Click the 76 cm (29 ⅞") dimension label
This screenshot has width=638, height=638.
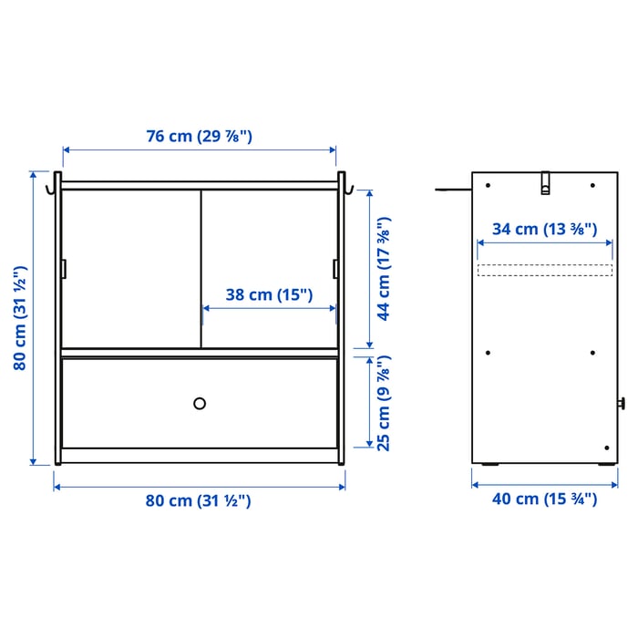[200, 136]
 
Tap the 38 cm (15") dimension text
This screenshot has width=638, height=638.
[269, 294]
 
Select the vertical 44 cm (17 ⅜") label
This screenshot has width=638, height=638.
[384, 269]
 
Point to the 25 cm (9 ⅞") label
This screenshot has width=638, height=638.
[384, 403]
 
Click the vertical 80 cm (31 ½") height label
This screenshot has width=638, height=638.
[19, 318]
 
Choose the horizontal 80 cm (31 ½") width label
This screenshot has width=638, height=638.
[198, 500]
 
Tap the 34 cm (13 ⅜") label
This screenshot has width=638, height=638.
[544, 229]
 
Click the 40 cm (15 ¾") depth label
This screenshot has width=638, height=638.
[544, 499]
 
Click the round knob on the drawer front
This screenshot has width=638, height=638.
[200, 404]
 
